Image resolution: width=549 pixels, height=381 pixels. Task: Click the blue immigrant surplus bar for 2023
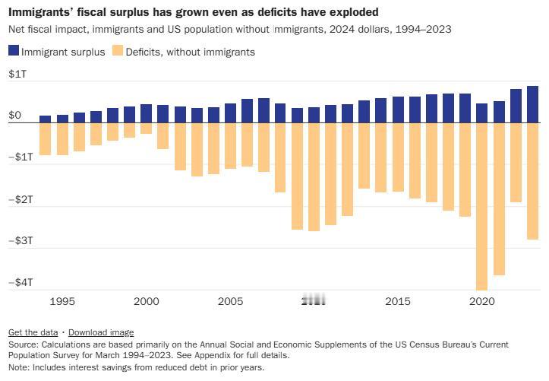(533, 104)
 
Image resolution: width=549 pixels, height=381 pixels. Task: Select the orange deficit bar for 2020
(482, 205)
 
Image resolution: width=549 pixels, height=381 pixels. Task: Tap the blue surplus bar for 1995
(62, 119)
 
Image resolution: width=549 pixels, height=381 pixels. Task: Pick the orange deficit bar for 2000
(147, 128)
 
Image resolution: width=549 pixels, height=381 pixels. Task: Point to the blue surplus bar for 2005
(230, 113)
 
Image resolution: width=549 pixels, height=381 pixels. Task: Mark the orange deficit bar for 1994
(46, 138)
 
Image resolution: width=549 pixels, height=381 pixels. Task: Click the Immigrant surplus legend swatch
(14, 52)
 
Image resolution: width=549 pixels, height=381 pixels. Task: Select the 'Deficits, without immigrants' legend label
(190, 52)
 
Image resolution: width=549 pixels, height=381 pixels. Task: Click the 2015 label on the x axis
(398, 301)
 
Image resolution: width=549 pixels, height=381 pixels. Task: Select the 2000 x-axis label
(147, 301)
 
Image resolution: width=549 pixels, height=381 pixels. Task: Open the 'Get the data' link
(33, 332)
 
